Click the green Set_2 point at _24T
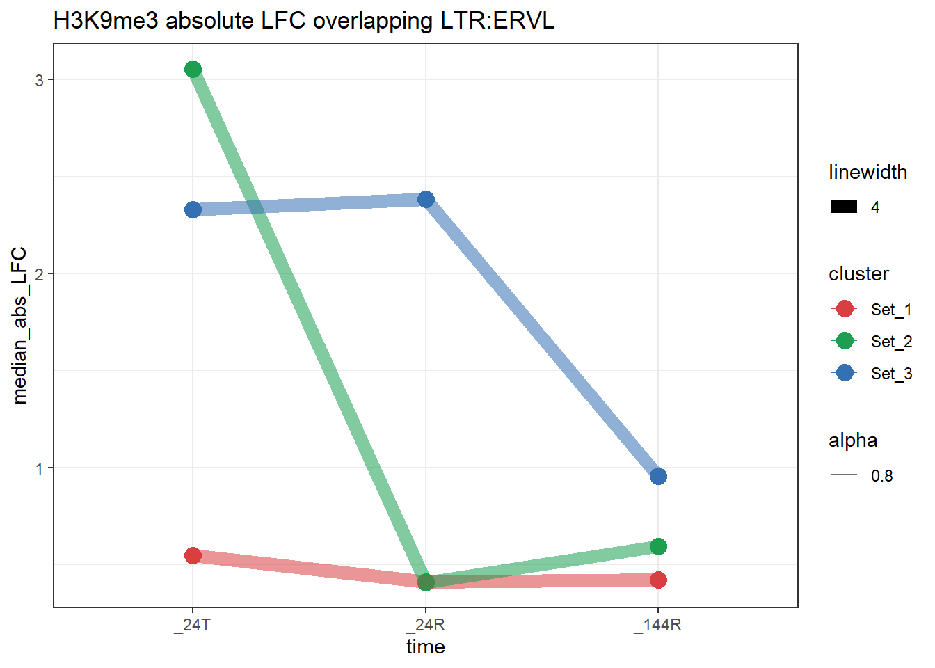point(193,69)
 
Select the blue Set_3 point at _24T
point(193,209)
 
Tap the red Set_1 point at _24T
point(193,555)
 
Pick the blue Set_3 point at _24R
point(426,200)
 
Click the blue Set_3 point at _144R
point(658,476)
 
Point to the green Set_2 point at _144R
point(658,546)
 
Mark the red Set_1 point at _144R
point(658,580)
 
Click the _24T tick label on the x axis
point(193,625)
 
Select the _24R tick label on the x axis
point(426,625)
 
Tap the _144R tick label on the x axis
point(658,625)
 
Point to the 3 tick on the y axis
point(40,80)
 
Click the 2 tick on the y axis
point(40,274)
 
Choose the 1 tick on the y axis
point(40,468)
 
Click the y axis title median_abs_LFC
point(20,325)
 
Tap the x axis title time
point(426,647)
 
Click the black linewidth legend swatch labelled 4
point(845,207)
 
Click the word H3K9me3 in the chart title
point(106,21)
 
